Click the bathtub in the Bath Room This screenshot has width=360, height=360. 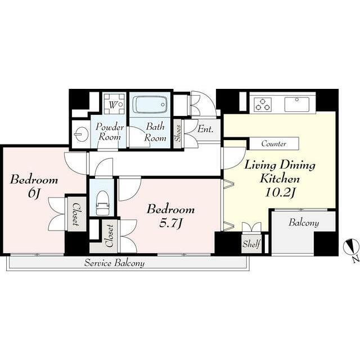150,105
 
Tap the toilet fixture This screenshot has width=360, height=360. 102,202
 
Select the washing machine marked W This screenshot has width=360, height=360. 114,104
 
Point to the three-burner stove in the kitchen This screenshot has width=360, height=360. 263,104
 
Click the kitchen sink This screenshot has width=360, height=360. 296,105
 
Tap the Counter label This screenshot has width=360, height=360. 274,144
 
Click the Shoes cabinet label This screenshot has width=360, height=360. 178,133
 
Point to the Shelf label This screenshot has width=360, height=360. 251,244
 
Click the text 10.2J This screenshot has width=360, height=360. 280,192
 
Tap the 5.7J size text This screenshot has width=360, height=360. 171,223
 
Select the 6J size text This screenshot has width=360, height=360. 34,193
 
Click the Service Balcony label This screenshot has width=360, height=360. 114,263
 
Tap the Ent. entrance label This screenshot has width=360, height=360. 205,129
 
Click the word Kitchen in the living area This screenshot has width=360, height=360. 280,179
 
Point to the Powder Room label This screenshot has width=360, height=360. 110,132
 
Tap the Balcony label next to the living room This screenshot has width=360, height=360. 304,223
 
